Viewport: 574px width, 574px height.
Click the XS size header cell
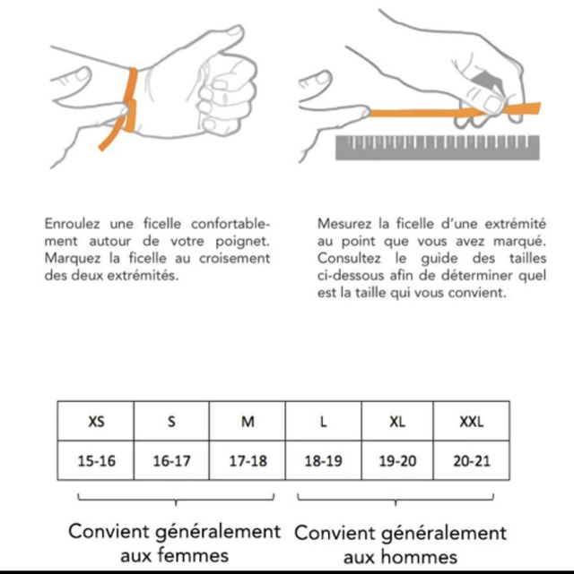pos(96,421)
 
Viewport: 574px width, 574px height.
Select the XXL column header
pos(472,421)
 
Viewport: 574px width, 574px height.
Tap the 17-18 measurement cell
pos(248,460)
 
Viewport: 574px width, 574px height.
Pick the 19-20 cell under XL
pos(397,460)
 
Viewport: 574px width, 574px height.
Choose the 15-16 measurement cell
pos(96,460)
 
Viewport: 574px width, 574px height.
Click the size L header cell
pos(323,421)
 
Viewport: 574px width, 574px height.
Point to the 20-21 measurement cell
pos(472,460)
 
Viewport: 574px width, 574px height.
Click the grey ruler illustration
pos(438,148)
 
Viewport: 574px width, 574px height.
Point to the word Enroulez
pos(73,223)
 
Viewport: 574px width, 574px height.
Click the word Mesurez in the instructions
pos(345,223)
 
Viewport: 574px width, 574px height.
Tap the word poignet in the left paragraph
pos(242,242)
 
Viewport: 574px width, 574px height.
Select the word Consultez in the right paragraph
pos(349,258)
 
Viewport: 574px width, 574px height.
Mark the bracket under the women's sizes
pos(176,499)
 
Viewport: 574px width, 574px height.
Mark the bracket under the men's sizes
pos(396,499)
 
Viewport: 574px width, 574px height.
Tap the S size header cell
pos(171,421)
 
